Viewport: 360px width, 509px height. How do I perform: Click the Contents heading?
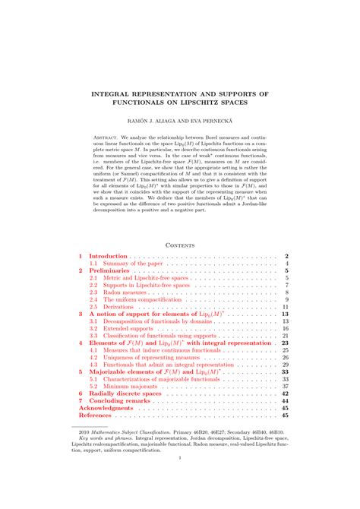(x=180, y=245)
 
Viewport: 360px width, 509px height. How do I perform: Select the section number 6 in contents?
(x=81, y=394)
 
